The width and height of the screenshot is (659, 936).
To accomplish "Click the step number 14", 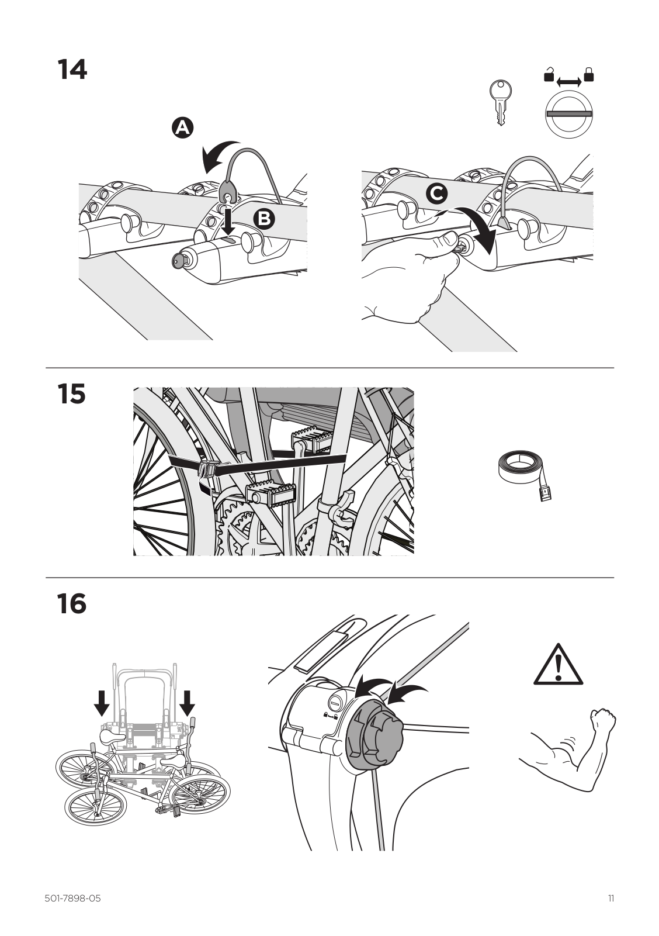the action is pos(72,70).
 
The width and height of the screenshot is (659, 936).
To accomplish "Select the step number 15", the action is pos(71,393).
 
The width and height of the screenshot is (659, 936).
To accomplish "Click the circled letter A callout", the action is pos(182,127).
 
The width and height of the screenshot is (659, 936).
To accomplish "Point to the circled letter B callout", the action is pos(264,219).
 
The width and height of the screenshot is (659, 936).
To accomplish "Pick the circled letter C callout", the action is pos(437,194).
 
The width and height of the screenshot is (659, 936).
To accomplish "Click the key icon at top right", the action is pos(500,103).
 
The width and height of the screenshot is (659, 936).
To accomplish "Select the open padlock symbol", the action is pos(549,74).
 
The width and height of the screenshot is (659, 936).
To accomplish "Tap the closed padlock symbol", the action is pos(589,74).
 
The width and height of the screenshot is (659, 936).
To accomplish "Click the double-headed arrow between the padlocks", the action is pos(569,82).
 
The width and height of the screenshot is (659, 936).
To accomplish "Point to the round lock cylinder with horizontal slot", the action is pos(569,113).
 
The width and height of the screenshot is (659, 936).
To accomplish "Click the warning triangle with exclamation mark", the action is pos(558,664).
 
